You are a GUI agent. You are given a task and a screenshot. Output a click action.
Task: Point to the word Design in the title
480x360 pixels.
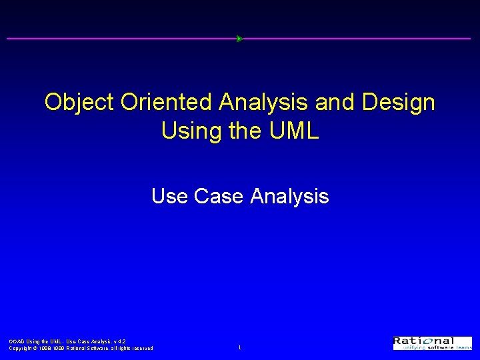(402, 103)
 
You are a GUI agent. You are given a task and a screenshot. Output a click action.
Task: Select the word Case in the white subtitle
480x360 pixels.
(217, 196)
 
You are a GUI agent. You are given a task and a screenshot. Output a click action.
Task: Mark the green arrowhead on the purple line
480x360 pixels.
(239, 39)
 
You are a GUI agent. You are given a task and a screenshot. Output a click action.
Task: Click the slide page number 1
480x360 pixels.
(240, 348)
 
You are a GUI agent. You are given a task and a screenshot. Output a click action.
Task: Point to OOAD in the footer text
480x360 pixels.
(16, 341)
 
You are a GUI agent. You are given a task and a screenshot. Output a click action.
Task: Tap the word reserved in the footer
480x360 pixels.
(141, 348)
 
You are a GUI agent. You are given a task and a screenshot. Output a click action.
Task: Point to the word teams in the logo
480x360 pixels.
(464, 348)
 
